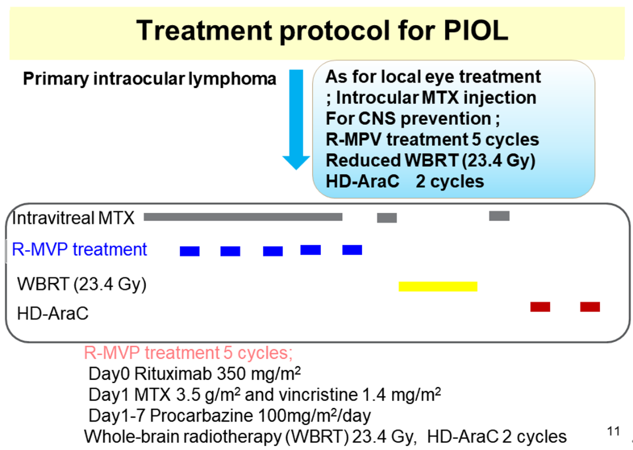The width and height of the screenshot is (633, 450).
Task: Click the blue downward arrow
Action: pos(296,120)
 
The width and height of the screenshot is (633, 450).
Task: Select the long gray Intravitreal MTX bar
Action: pos(243,217)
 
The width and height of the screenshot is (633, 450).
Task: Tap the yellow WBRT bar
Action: pos(438,287)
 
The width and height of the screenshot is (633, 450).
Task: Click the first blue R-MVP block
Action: pos(190,251)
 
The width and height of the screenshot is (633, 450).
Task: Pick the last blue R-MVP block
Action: pos(352,250)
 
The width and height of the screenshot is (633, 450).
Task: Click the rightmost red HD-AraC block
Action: pos(590,307)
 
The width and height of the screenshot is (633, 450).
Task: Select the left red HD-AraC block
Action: pos(540,307)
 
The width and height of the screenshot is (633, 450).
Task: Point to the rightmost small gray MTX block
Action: pos(499,216)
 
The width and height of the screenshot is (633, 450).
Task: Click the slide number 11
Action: pos(613,432)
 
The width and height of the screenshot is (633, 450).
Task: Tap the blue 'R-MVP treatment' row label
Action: pos(80,250)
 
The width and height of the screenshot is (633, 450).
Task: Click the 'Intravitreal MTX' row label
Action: pos(73,218)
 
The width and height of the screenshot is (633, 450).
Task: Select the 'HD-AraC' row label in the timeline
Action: pos(53,313)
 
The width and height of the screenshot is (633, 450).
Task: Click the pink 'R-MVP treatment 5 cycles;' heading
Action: pos(188,353)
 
